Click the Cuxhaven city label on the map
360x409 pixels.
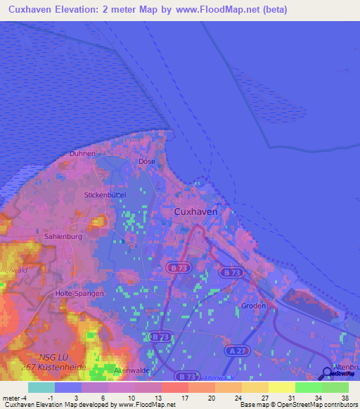point(195,211)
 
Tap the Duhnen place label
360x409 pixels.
point(82,153)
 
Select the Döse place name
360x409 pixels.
point(147,162)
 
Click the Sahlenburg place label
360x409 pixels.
point(63,237)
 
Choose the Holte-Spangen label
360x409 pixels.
point(79,293)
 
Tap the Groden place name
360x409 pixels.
point(254,306)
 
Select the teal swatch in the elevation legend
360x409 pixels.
point(41,387)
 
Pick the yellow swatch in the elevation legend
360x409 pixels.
point(281,387)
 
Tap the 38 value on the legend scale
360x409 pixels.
point(344,397)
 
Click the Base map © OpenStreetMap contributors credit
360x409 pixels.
point(297,405)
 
